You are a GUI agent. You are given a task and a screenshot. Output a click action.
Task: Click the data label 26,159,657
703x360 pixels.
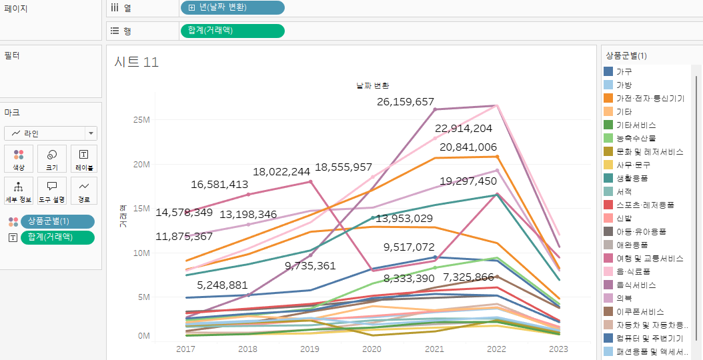pos(406,102)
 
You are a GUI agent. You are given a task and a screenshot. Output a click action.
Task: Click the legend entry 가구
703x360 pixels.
pos(624,71)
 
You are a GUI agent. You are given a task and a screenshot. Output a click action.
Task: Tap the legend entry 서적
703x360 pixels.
pos(624,191)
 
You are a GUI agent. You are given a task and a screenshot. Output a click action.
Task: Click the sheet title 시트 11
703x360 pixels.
pos(137,62)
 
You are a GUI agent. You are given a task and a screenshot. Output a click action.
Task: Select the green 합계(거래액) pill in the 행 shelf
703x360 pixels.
pos(232,31)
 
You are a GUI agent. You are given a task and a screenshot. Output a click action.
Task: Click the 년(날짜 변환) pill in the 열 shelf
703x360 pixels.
pos(232,7)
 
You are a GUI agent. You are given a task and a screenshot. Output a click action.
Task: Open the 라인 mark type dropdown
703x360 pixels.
pos(51,133)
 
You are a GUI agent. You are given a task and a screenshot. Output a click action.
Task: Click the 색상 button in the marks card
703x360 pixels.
pos(19,159)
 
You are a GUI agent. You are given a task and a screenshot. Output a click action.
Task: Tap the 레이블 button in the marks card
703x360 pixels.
pos(84,159)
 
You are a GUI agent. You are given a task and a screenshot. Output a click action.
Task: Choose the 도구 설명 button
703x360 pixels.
pos(51,191)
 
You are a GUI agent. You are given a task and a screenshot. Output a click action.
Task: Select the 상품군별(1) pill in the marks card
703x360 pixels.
pos(58,221)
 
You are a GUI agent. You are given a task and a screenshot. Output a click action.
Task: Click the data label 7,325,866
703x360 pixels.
pos(468,277)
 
